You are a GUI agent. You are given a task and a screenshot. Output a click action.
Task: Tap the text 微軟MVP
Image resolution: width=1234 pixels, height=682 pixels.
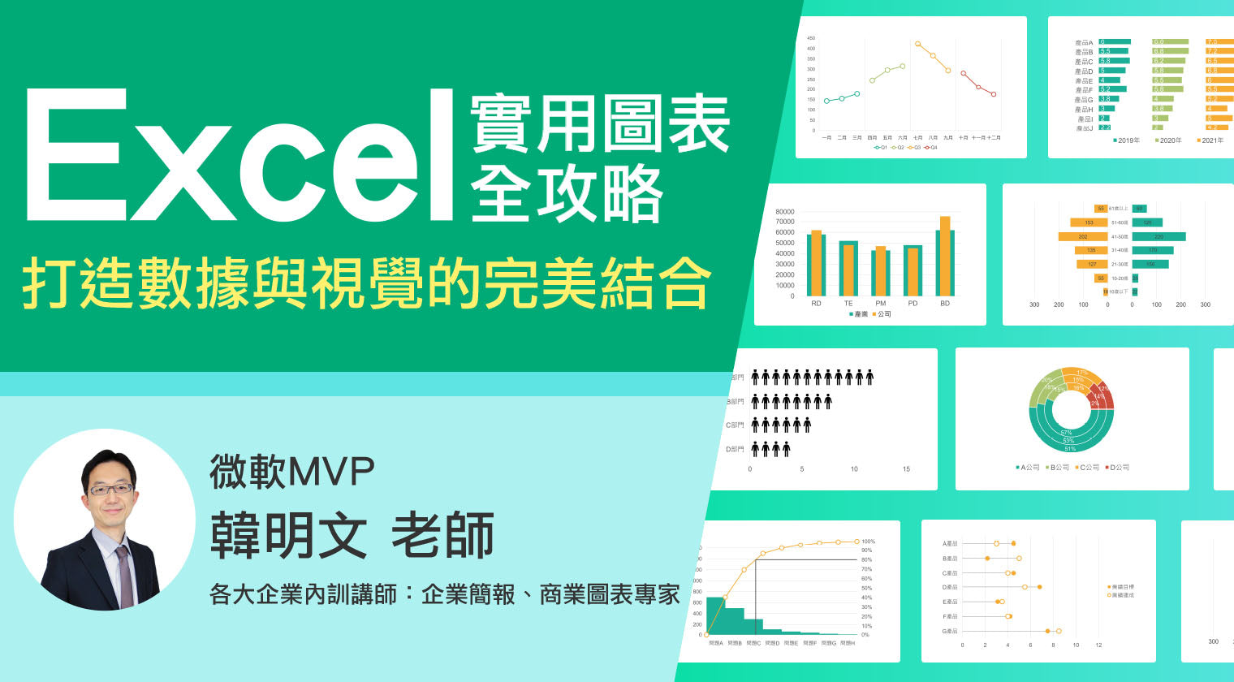(x=292, y=472)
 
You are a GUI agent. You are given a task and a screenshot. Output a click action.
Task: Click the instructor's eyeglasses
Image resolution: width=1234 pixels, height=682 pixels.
(x=110, y=490)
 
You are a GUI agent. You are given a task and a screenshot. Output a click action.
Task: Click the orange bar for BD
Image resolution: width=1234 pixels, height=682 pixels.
(x=945, y=256)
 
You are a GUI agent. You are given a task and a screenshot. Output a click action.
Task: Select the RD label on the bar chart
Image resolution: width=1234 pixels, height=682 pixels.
(x=816, y=304)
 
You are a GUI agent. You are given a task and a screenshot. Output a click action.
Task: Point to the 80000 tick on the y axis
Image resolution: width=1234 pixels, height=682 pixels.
(x=785, y=212)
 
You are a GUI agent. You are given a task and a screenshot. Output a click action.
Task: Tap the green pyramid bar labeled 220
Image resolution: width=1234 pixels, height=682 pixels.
(x=1158, y=237)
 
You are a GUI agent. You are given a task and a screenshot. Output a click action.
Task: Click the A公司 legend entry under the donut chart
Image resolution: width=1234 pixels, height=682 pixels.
(x=1028, y=468)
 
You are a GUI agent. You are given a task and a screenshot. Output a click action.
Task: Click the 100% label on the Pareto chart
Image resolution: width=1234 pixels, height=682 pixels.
(x=868, y=542)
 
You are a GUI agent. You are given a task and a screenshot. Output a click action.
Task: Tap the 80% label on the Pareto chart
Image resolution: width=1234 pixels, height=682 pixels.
(x=866, y=560)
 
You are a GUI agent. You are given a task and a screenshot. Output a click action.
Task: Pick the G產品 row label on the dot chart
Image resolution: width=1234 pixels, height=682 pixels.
(x=949, y=631)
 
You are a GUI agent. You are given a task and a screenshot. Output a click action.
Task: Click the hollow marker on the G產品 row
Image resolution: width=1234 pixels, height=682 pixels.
(x=1059, y=631)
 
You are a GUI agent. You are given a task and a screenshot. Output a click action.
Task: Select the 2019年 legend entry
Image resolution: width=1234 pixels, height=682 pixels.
(x=1126, y=140)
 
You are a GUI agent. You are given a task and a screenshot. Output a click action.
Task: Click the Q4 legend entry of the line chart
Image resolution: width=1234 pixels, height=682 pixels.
(x=931, y=148)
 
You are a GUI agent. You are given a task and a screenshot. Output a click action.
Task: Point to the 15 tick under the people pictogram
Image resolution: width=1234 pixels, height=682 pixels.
(x=906, y=469)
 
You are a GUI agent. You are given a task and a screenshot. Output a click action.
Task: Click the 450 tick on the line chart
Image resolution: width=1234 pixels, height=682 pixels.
(x=811, y=38)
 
